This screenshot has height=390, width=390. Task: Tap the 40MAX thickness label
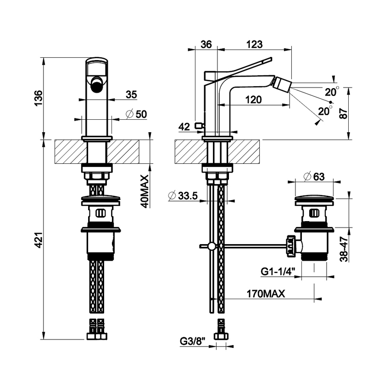coord(145,191)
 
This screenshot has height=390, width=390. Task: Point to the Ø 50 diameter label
coord(136,115)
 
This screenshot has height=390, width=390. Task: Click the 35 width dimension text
coord(131,95)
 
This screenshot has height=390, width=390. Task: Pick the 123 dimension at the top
coord(253,44)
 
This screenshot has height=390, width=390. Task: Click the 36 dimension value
coord(206,44)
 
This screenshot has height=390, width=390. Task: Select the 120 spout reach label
coord(253,100)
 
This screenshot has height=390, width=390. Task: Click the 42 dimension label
coord(184,127)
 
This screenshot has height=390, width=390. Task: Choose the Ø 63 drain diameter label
coord(315,176)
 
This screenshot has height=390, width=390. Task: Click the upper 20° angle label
coord(332,92)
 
